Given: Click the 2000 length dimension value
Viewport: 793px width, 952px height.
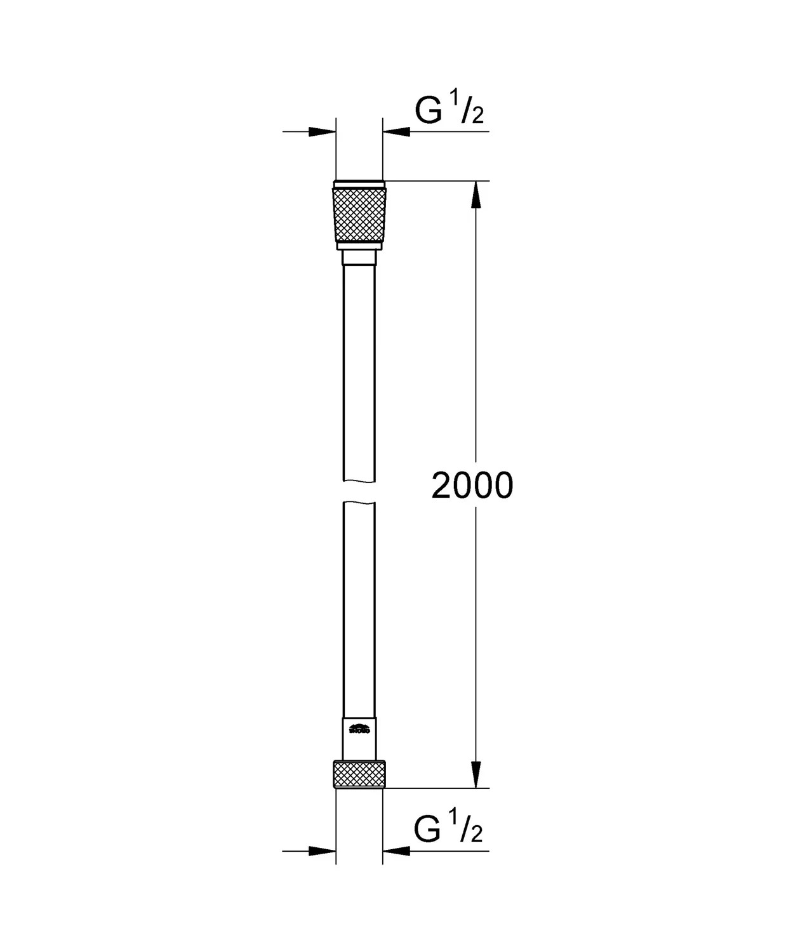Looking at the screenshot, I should [472, 486].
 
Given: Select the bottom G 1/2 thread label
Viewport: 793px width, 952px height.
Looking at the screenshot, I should [448, 830].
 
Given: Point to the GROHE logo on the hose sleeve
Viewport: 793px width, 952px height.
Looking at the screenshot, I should [359, 729].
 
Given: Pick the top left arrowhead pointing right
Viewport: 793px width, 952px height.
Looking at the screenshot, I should [321, 131].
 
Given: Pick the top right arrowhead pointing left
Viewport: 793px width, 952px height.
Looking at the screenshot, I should [397, 131].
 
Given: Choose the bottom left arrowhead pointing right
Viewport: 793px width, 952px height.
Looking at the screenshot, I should [321, 850].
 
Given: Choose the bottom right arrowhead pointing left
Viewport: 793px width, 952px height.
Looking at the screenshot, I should [397, 850].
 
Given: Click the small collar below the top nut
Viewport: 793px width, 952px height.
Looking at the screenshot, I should [359, 257].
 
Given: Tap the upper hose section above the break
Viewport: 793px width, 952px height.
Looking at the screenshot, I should [359, 374].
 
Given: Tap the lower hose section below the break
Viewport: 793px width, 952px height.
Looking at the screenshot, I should [359, 609].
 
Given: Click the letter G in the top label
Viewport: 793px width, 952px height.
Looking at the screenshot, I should [429, 111].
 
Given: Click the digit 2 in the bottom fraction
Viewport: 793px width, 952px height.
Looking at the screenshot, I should [477, 835].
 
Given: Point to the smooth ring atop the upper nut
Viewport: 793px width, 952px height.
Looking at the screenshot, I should [359, 185].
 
